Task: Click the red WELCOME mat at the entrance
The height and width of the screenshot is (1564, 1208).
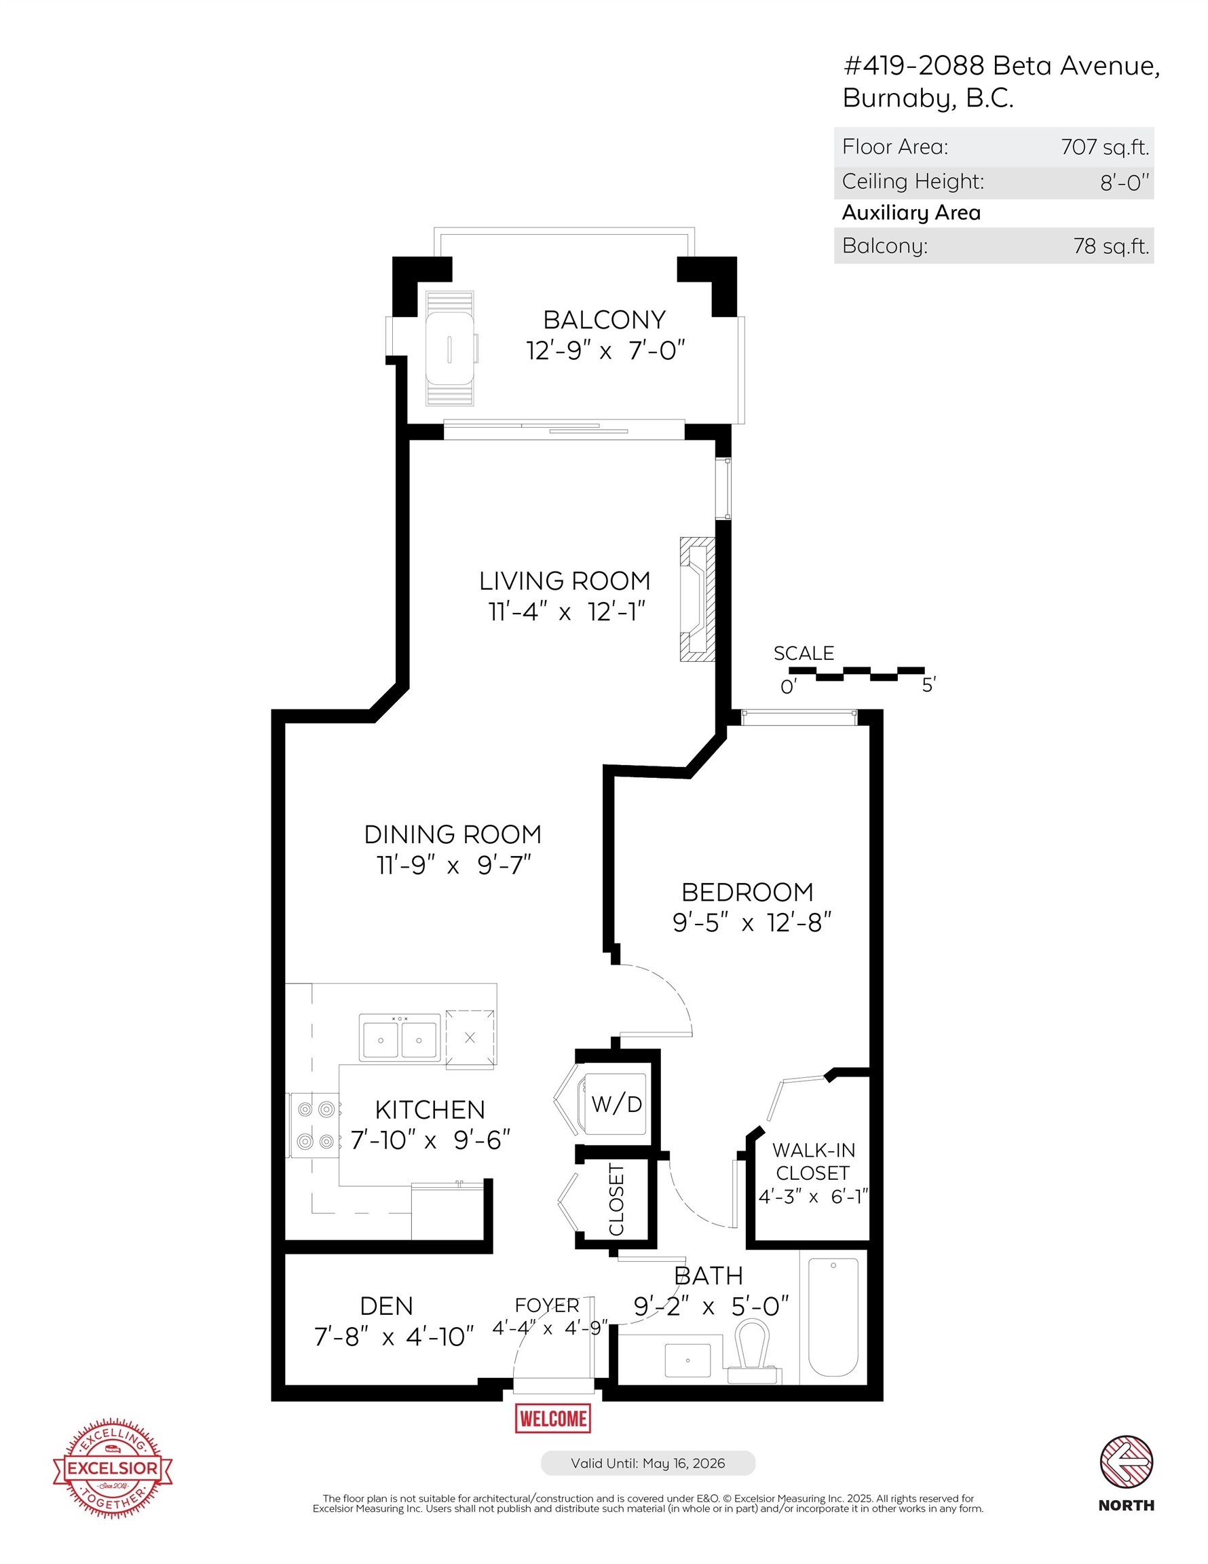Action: point(553,1419)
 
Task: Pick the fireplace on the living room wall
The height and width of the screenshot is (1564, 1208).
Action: point(698,599)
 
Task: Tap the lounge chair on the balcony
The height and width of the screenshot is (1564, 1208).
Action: point(450,348)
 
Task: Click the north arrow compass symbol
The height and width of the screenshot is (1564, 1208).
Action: point(1126,1461)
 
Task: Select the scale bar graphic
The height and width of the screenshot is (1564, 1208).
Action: point(856,673)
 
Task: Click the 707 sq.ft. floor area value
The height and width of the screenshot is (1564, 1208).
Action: point(1104,147)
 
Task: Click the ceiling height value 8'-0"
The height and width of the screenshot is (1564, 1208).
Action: point(1123,182)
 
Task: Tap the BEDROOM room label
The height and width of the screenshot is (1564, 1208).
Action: point(747,892)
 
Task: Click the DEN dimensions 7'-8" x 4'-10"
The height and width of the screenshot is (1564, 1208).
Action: point(394,1337)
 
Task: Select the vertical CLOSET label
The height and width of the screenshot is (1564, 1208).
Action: point(616,1199)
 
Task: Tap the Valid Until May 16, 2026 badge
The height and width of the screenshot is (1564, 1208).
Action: point(647,1463)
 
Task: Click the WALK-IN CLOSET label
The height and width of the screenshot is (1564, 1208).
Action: point(813,1161)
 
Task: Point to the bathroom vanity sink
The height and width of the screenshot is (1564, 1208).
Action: point(687,1360)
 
